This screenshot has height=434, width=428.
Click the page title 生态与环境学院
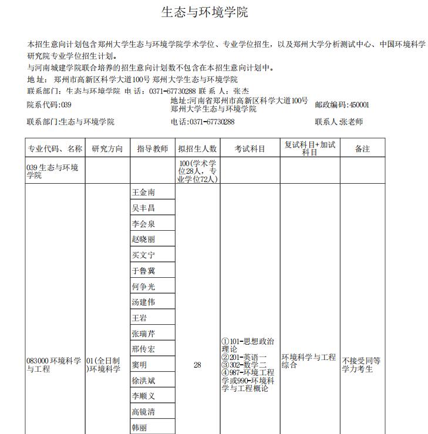tap(204, 12)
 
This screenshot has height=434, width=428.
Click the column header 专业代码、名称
tap(55, 149)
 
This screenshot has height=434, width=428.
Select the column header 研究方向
tap(107, 149)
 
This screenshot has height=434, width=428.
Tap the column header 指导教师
tap(152, 149)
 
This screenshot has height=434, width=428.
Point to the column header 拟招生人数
tap(197, 149)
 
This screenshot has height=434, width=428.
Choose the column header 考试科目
tap(250, 149)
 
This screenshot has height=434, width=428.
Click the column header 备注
tap(362, 149)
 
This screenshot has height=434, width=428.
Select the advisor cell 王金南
tap(144, 193)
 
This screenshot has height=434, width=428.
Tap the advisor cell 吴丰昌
tap(144, 208)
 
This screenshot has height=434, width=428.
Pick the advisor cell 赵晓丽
tap(144, 239)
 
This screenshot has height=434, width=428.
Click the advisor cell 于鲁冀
tap(144, 271)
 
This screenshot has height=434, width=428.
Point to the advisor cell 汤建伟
tap(144, 302)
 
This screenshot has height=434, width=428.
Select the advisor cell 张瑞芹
tap(144, 334)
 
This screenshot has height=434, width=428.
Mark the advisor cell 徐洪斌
tap(144, 381)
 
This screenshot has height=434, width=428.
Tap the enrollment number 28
tap(197, 365)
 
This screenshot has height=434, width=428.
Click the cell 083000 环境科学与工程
tap(54, 365)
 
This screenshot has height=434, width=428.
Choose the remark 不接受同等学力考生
tap(362, 365)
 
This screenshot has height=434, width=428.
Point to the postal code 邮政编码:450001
tap(342, 105)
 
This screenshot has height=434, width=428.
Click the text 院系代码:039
tap(49, 105)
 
